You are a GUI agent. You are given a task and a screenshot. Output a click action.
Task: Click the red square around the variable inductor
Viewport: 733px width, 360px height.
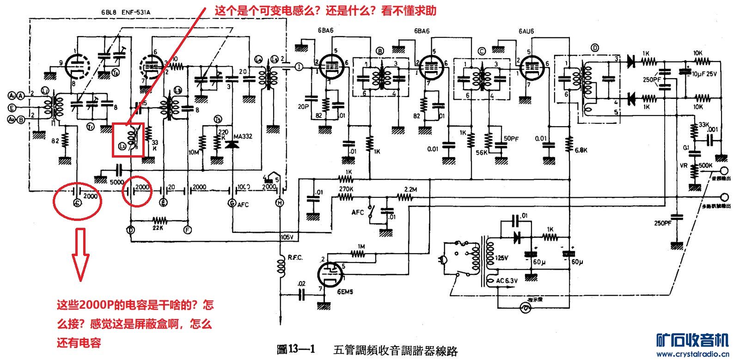[128, 140]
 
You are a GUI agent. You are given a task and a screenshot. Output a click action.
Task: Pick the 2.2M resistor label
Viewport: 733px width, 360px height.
[409, 189]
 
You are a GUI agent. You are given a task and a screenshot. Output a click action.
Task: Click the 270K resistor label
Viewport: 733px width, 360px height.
[345, 189]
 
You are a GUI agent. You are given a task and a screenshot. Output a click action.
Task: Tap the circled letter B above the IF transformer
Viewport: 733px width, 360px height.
[380, 51]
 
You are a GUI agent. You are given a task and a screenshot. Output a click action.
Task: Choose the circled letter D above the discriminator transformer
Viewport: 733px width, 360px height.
[594, 48]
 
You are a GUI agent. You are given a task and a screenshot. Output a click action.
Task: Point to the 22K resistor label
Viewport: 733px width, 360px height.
[159, 228]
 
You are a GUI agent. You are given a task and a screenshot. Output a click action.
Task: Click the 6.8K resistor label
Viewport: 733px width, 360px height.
[580, 151]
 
